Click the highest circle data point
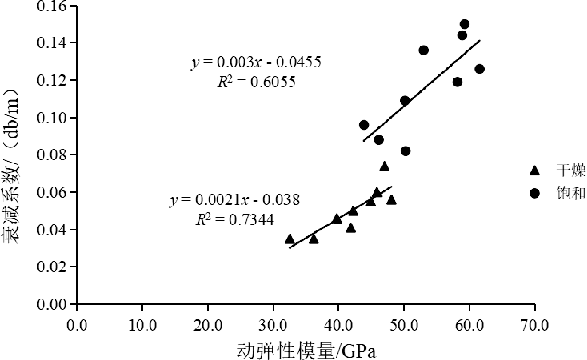[x=464, y=24]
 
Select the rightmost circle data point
[x=480, y=69]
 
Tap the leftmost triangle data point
[x=290, y=239]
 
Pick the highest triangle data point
[x=384, y=166]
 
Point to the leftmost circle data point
[x=364, y=125]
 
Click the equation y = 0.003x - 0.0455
[x=256, y=62]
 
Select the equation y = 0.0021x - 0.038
[x=235, y=200]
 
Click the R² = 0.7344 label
[x=235, y=220]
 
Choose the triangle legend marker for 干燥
[x=535, y=171]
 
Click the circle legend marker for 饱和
[x=535, y=193]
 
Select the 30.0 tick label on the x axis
[x=273, y=325]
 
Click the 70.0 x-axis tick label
[x=535, y=325]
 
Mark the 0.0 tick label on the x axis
[x=77, y=325]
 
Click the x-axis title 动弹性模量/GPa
[x=306, y=351]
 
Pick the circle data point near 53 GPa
[x=424, y=50]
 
